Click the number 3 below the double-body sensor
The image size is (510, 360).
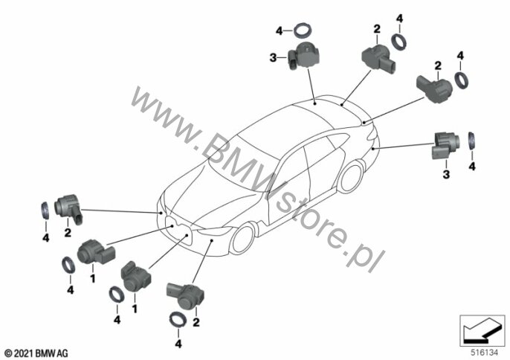coord(447,174)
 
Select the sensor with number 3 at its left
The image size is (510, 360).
coord(305,56)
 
